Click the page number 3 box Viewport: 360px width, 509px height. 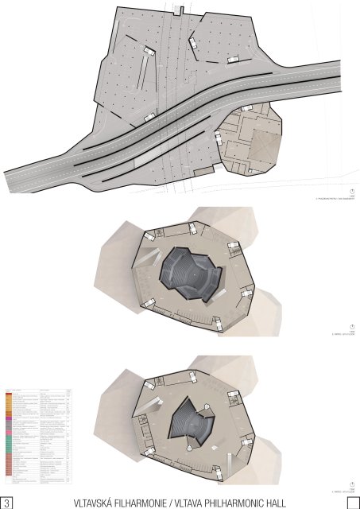[7, 502]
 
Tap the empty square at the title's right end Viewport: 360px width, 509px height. [353, 502]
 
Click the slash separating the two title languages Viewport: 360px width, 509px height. [180, 503]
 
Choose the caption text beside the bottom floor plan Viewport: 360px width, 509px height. [338, 486]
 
